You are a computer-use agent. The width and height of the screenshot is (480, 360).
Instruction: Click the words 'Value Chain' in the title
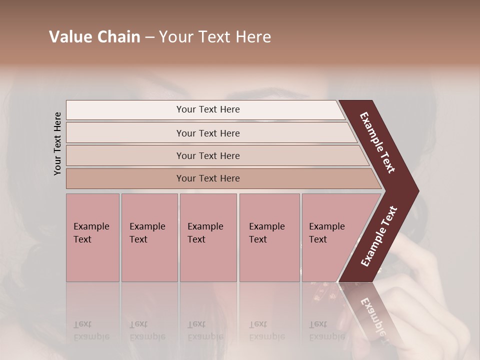94,37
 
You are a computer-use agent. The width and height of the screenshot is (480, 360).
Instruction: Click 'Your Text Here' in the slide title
215,37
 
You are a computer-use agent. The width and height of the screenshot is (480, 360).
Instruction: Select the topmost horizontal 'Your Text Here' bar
208,109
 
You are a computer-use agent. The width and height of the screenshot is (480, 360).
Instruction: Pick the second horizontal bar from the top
208,133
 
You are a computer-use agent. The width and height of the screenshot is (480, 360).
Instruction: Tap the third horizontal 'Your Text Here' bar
208,155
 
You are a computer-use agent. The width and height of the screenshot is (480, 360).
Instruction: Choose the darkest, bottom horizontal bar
208,178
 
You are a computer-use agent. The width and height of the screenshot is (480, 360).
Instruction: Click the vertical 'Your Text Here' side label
57,143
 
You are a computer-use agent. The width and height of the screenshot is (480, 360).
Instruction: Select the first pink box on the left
92,237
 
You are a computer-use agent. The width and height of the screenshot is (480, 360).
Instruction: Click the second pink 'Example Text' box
149,237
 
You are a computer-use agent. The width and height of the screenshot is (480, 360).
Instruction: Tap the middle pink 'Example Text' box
208,237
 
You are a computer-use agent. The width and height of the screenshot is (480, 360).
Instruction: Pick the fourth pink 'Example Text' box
269,237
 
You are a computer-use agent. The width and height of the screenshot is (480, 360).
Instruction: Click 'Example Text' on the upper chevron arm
377,142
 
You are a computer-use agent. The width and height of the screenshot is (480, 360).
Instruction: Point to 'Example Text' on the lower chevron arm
379,236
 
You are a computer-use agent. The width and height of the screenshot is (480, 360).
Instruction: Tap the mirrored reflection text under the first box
91,330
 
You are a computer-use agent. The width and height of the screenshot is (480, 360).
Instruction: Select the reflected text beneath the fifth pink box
326,330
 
